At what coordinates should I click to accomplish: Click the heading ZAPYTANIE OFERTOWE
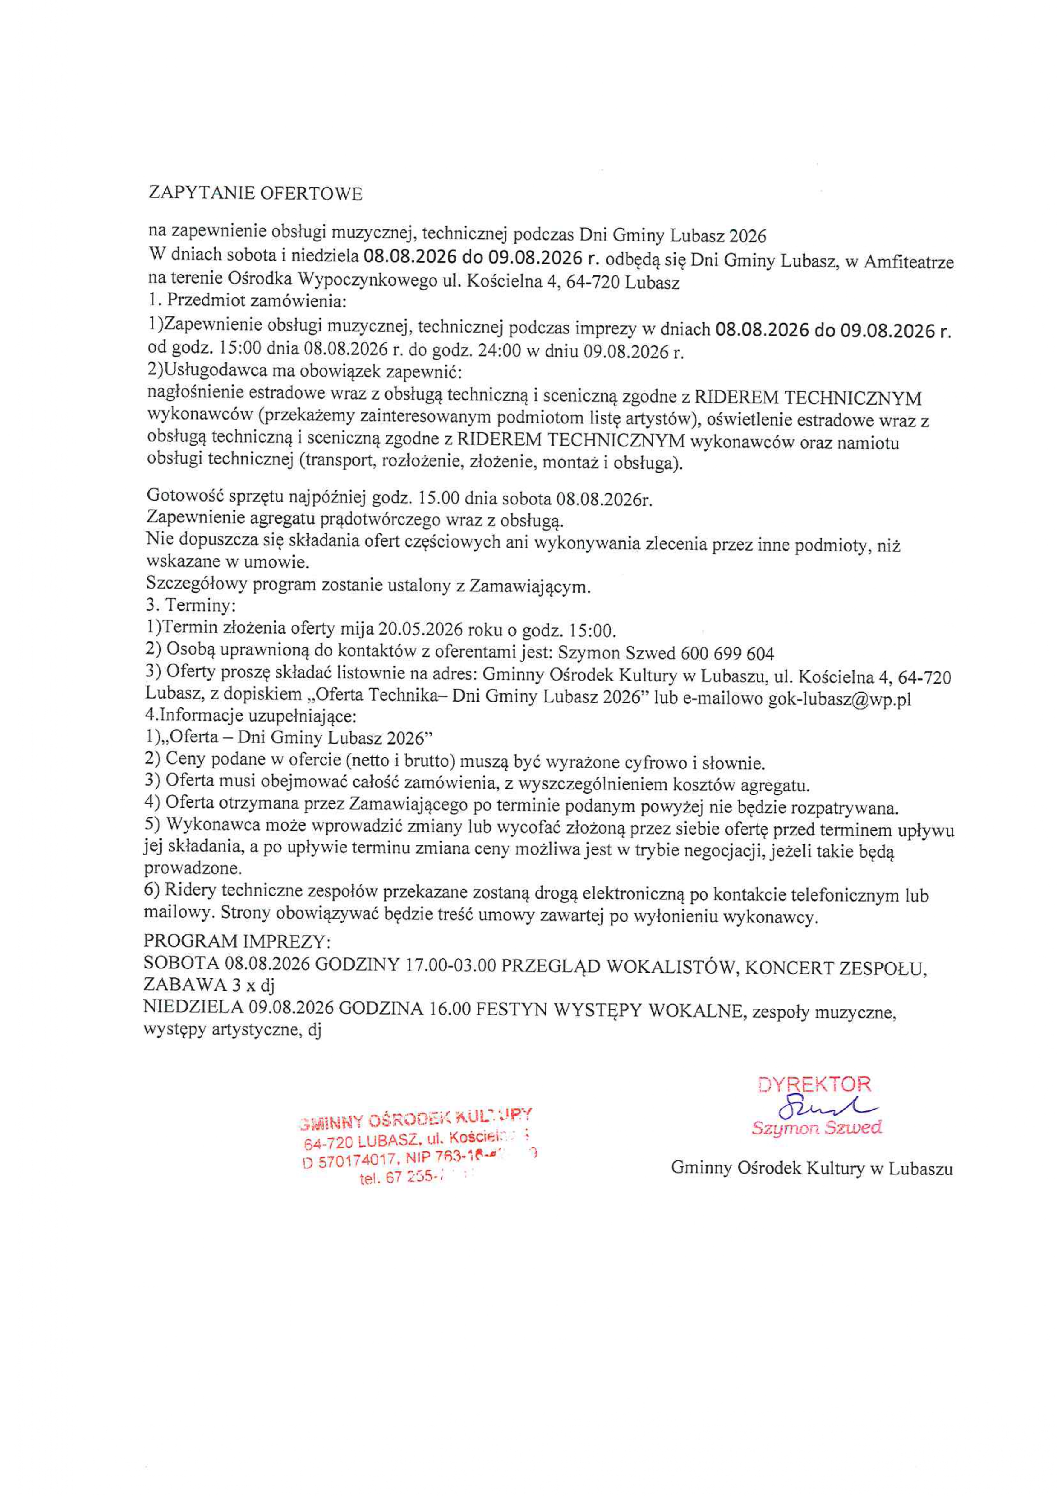click(255, 194)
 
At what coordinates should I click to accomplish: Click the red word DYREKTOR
click(814, 1085)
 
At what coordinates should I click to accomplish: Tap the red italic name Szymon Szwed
click(817, 1128)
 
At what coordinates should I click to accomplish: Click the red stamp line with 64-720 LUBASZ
click(417, 1141)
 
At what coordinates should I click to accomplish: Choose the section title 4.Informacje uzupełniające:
click(250, 717)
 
